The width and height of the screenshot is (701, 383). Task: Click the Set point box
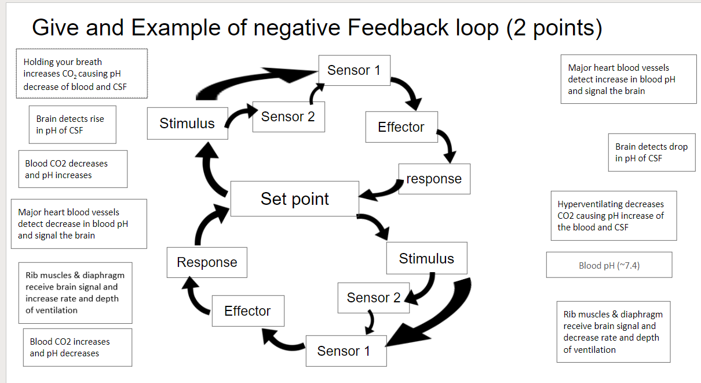tap(294, 198)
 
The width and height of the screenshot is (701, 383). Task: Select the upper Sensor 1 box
tap(354, 70)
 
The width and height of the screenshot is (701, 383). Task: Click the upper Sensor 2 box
tap(288, 117)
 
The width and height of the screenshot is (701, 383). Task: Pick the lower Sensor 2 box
tap(373, 298)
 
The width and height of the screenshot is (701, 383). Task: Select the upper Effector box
tap(401, 127)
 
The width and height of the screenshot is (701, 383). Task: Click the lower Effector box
tap(248, 311)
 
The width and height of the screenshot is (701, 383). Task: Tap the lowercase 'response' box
tap(434, 179)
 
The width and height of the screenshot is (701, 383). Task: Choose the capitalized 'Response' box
tap(207, 262)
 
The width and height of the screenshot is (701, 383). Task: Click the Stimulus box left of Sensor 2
tap(187, 123)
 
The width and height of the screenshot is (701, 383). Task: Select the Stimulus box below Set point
tap(426, 258)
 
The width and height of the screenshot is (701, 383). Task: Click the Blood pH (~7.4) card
tap(609, 265)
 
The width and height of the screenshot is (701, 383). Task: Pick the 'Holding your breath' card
tap(81, 74)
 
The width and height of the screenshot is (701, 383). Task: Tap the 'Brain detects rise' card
tap(72, 124)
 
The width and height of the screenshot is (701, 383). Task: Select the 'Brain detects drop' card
tap(651, 153)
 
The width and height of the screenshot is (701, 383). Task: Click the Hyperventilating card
tap(613, 215)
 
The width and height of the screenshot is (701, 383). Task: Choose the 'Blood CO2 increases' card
tap(77, 347)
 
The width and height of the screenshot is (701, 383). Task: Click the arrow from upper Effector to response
tap(447, 145)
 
